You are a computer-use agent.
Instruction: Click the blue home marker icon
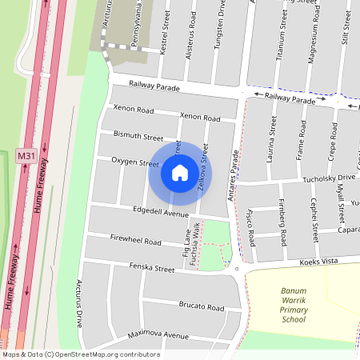179,172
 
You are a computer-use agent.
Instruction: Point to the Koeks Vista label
320,262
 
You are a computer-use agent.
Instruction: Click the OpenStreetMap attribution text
80,354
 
